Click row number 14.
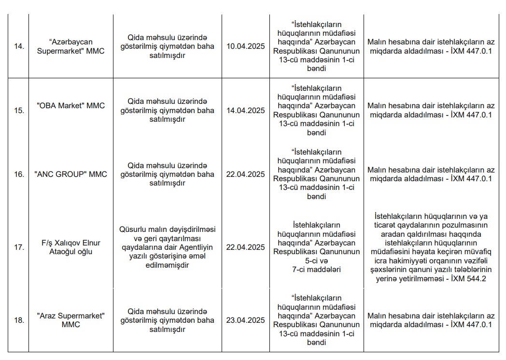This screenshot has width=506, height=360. pos(19,46)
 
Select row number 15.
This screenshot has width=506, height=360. pos(19,110)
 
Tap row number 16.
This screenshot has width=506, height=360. pos(19,174)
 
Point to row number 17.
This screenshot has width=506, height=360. pos(19,247)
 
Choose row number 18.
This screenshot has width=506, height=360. pos(19,320)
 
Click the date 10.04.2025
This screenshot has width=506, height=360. pos(245,46)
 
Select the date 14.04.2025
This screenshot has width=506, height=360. pos(245,110)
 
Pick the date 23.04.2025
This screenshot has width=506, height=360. pos(245,320)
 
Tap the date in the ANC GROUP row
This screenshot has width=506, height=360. pos(245,174)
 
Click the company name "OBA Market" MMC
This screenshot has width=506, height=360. pos(71,106)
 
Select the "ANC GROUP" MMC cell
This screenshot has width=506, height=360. pos(71,174)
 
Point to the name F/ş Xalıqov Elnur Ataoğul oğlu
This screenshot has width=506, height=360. pos(71,247)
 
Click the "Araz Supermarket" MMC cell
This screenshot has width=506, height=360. pos(71,320)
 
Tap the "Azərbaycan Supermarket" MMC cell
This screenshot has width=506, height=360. pos(71,46)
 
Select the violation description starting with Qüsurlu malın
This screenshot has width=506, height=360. pos(167,247)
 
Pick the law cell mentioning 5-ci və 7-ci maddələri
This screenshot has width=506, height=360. pos(316,247)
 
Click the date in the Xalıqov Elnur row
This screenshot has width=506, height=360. pos(245,247)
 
